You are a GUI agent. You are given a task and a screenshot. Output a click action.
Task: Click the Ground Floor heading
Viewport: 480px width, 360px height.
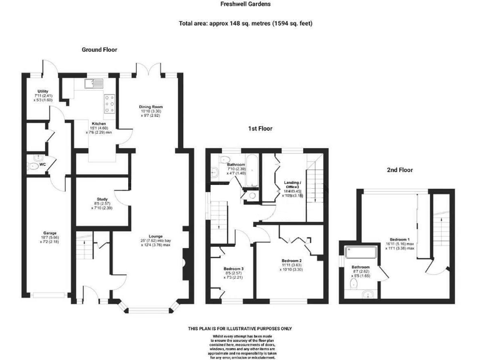coord(99,49)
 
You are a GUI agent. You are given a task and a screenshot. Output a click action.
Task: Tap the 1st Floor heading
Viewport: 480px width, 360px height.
coord(261,129)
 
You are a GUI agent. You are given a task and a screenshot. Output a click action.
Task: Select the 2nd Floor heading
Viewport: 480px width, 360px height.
coord(399,169)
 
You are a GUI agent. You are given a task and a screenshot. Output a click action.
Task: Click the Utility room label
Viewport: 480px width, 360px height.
coord(42,92)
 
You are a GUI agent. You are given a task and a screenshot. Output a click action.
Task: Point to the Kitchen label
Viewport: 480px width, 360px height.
coord(99,124)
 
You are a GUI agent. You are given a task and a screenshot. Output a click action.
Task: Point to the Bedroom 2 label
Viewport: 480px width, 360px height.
coord(291,260)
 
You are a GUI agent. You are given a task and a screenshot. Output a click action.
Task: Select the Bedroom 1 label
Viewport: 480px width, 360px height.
coord(400,239)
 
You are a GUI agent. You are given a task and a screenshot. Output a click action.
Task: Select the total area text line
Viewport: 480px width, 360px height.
coord(245,24)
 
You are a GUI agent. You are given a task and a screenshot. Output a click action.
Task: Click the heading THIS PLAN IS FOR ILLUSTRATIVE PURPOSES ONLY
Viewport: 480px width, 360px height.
coord(239,329)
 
